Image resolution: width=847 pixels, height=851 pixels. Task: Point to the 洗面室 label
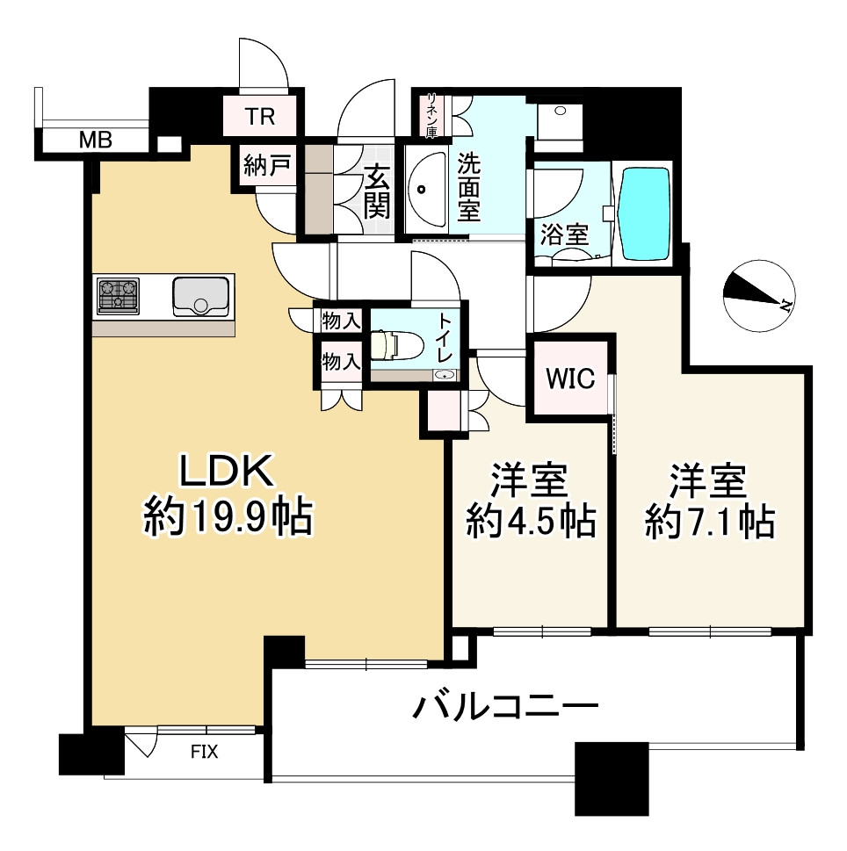click(x=468, y=187)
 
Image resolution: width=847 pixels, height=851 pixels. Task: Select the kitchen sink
click(x=201, y=295)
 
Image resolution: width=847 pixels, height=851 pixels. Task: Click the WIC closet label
click(x=572, y=380)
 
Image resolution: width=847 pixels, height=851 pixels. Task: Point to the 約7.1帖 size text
click(x=709, y=523)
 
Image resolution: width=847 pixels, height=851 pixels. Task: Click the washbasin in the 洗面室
click(x=426, y=189)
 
